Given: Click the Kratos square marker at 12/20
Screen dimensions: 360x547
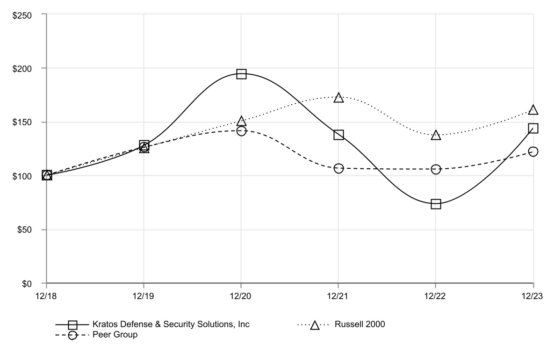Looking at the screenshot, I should (241, 74).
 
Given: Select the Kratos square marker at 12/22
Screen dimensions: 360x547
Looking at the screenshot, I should (436, 204).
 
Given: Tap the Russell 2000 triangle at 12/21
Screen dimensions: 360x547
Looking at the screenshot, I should (338, 98).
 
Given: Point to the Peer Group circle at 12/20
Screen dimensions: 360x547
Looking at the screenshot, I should (241, 131).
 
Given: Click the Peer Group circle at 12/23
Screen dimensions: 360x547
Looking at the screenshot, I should (533, 151).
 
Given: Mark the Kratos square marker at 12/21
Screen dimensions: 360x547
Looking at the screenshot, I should (338, 135).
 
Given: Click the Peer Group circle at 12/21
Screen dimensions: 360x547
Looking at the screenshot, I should (338, 168).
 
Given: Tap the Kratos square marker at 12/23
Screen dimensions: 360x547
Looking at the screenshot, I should (533, 128).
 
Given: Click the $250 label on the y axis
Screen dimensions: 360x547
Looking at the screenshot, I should (22, 14).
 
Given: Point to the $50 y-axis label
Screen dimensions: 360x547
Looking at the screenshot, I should (24, 230).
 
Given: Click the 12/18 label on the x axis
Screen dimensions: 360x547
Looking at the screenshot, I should (47, 295).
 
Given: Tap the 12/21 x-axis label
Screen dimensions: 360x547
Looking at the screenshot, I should (338, 295).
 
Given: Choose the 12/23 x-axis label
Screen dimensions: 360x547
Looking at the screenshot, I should (533, 295).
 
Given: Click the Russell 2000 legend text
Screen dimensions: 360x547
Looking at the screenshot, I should (360, 324).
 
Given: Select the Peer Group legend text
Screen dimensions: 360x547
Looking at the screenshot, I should (115, 335).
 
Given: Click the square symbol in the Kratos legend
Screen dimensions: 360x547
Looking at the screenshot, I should (73, 324).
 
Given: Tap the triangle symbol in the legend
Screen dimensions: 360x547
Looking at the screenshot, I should (315, 325).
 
